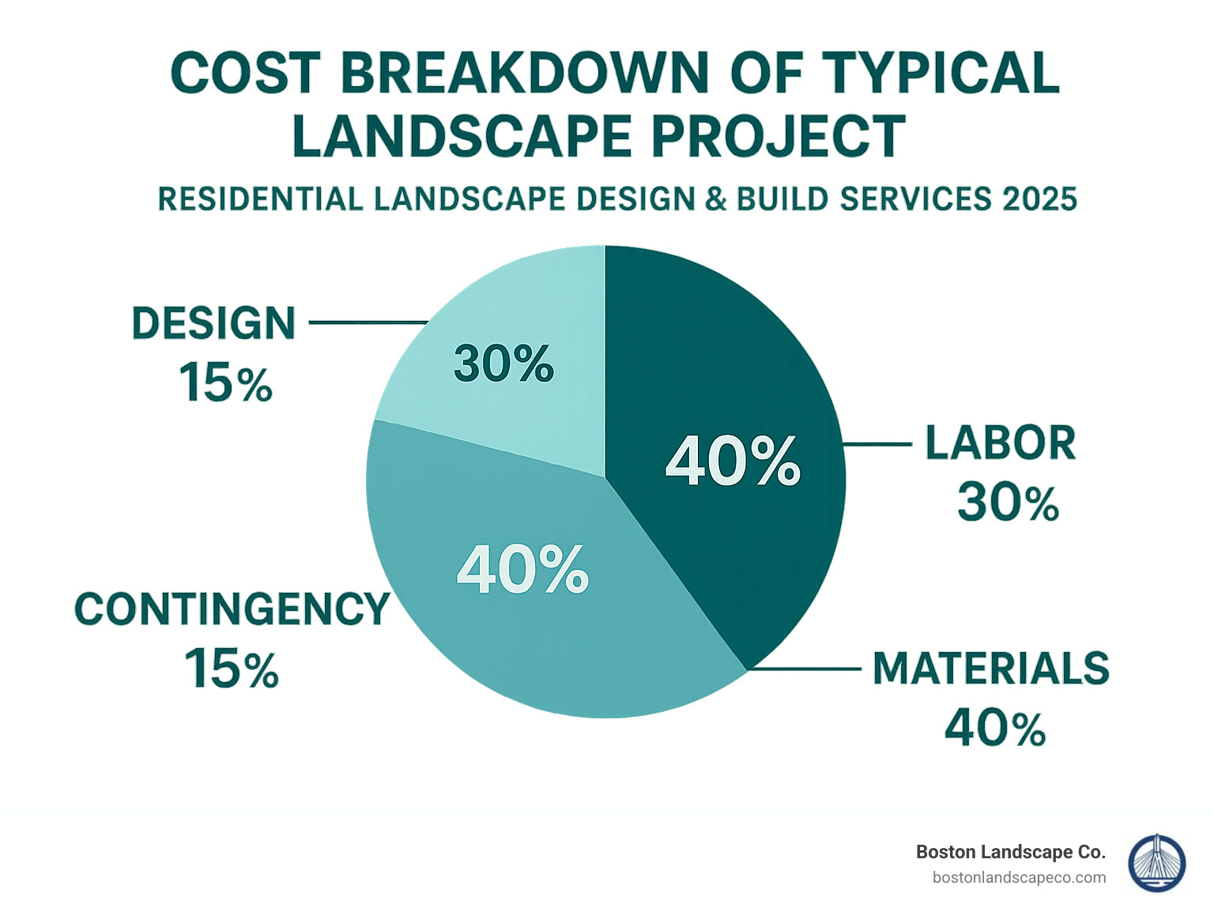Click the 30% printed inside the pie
[x=503, y=364]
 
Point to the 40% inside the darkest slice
[x=733, y=462]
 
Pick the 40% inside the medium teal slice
[x=522, y=570]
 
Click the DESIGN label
[x=213, y=324]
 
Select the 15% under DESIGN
[x=226, y=383]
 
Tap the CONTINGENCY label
[x=232, y=609]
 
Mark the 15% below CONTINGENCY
[x=232, y=669]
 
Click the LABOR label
[x=1001, y=443]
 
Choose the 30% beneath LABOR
[x=1008, y=503]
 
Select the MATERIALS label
[x=991, y=669]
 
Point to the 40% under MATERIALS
[x=995, y=728]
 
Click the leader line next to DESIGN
[x=368, y=322]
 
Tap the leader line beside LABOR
[x=877, y=444]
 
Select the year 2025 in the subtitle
[x=1039, y=199]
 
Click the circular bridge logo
[x=1157, y=863]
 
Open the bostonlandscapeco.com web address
[x=1019, y=877]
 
